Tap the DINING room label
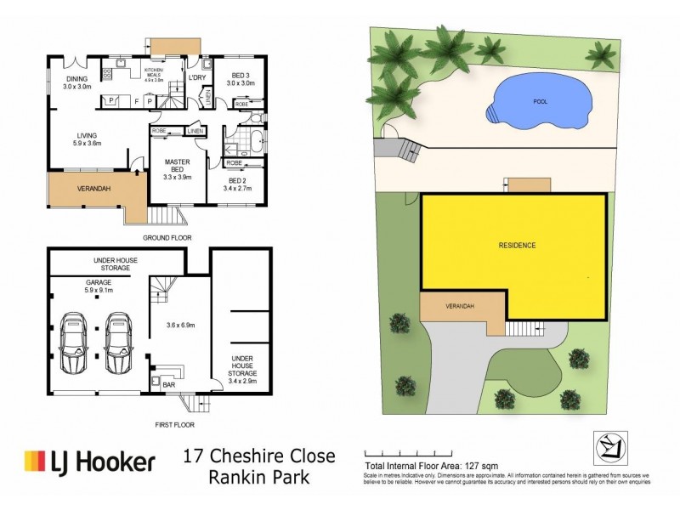[76, 83]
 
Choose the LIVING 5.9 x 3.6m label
[87, 139]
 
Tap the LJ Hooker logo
[90, 462]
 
